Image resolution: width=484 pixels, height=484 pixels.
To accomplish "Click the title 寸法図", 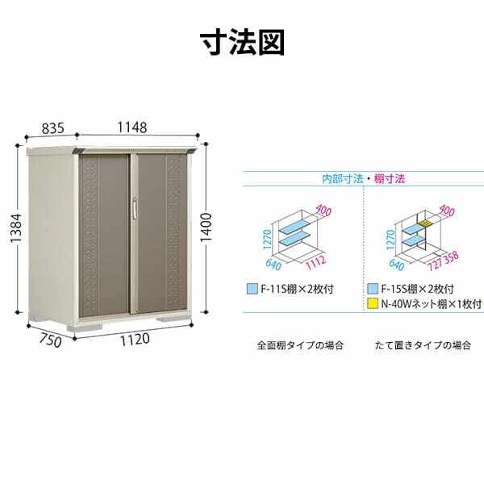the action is tap(242, 42).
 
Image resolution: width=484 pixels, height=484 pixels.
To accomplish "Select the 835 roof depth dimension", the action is tap(53, 128).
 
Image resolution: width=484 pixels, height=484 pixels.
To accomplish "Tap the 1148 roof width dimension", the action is tap(132, 127).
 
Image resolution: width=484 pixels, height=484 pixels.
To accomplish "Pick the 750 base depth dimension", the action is tap(50, 340).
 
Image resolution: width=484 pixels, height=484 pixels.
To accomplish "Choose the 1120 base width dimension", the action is tap(135, 340).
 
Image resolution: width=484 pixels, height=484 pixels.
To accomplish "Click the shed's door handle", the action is tap(135, 209).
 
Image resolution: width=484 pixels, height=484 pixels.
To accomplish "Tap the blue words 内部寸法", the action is tap(342, 179).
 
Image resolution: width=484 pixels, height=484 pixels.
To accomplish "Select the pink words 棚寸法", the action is tap(390, 179).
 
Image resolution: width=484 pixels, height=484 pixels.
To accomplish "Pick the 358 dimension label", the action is tap(451, 257).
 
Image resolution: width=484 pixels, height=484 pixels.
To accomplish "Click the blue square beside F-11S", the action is tap(252, 289).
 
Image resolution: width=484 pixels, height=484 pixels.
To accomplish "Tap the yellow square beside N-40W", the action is tap(373, 304).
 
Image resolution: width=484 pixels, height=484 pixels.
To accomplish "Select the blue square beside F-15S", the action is tap(373, 289).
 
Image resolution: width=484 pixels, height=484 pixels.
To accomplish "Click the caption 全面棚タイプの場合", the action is tap(300, 345).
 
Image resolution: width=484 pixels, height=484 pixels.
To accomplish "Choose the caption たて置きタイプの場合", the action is tap(423, 345).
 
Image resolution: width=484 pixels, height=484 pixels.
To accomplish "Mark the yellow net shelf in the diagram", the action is tap(424, 223).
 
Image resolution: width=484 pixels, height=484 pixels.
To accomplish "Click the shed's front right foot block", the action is tap(171, 319).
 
